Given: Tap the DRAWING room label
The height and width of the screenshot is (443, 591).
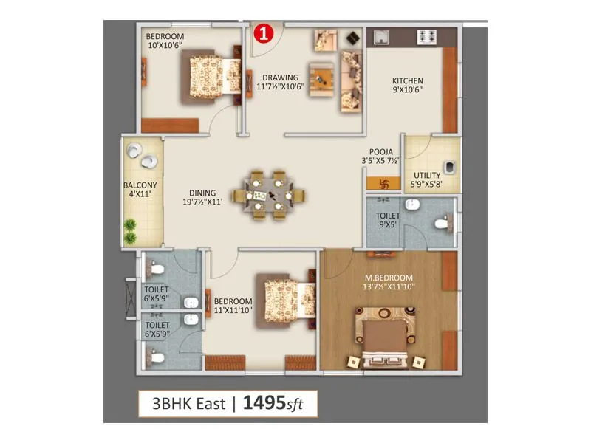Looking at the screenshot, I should click(280, 77).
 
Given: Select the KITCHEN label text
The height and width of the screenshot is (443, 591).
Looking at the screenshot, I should click(407, 81).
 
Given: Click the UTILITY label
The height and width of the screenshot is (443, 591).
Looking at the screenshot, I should click(426, 176).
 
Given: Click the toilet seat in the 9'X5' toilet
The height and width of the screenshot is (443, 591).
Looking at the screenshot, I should click(442, 223).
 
